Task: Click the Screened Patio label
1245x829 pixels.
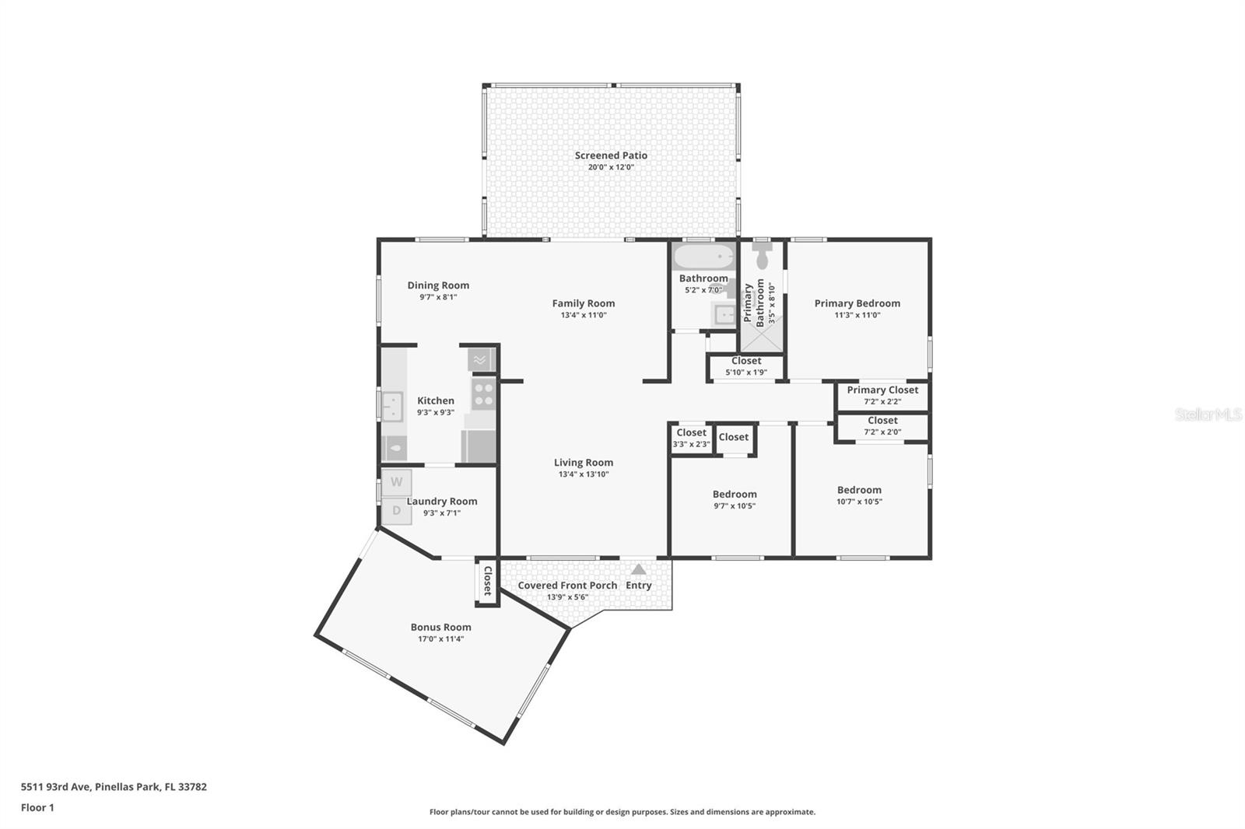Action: (x=611, y=156)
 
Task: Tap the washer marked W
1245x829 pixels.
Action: (x=396, y=482)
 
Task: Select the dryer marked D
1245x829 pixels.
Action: (x=396, y=511)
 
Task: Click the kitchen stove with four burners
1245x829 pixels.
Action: (x=483, y=394)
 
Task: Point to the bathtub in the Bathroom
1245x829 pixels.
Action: (x=703, y=257)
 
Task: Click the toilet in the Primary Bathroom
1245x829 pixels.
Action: (x=762, y=256)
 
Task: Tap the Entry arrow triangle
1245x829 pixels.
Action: (x=638, y=569)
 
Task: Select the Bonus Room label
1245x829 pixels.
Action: (x=440, y=627)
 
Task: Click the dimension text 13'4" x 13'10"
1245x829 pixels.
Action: (x=584, y=474)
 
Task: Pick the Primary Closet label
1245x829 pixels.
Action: (x=882, y=390)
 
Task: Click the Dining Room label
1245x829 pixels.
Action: (x=438, y=285)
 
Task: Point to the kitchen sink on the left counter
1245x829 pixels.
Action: (x=391, y=407)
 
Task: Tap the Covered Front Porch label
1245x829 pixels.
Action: (x=567, y=586)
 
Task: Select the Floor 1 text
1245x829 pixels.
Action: (x=37, y=807)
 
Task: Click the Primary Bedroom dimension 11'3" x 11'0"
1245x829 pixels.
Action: (x=857, y=315)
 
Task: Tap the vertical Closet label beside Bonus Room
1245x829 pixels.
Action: (x=487, y=580)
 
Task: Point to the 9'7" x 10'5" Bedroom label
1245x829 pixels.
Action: (x=735, y=495)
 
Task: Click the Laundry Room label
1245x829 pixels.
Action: (x=442, y=502)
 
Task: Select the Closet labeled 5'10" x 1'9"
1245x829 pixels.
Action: (x=746, y=361)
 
